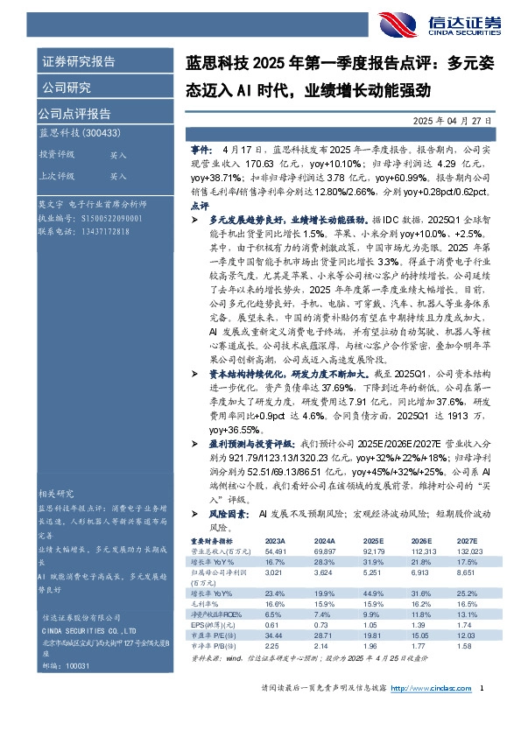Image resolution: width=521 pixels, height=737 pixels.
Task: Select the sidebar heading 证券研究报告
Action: coord(78,61)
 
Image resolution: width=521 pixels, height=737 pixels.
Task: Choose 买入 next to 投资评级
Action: coord(118,154)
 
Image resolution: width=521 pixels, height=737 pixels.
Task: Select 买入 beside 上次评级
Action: coord(118,175)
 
